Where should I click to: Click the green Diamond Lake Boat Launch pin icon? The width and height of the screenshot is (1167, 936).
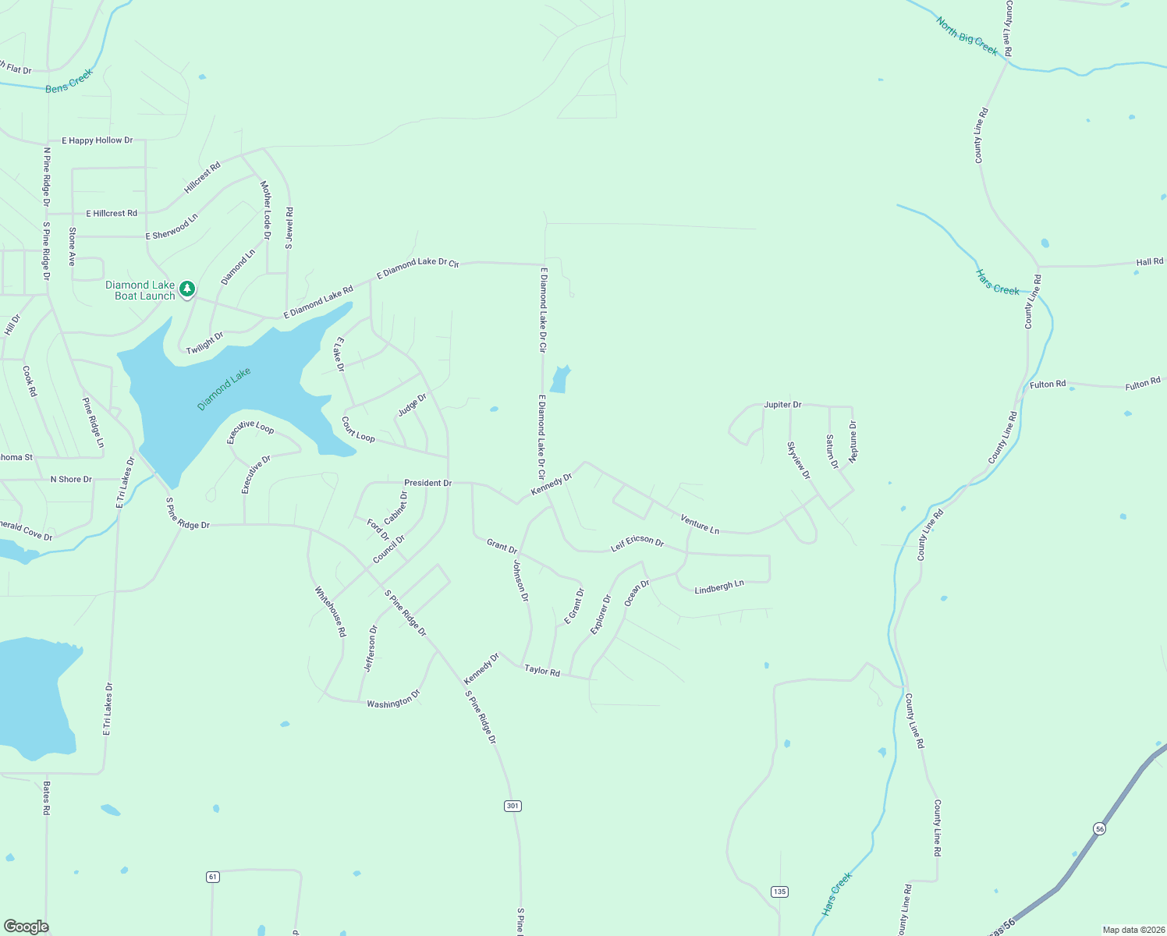[x=186, y=289]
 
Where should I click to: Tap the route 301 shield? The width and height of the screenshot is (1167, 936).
[x=513, y=806]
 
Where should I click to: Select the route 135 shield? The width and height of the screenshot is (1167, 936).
[x=779, y=891]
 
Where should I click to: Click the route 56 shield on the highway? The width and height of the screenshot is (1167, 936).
[x=1100, y=828]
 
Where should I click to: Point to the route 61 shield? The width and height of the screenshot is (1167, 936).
[x=213, y=877]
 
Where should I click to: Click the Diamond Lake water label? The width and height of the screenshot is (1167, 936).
[x=225, y=388]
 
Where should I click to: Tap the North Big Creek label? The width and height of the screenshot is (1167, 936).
[x=967, y=37]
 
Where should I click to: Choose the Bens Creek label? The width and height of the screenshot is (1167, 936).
[x=69, y=81]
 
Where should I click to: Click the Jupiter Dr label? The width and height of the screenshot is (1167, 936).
[x=782, y=405]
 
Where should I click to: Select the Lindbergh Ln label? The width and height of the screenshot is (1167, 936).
[x=719, y=587]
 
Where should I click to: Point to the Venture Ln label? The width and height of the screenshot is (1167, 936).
[x=700, y=524]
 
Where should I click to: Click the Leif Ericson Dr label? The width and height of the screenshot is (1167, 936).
[x=637, y=543]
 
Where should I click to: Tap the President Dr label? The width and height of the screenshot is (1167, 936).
[x=427, y=483]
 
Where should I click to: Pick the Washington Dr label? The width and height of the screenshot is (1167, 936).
[x=393, y=699]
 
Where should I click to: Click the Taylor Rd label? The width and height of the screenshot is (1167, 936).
[x=542, y=670]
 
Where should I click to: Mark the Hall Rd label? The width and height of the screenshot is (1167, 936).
[x=1149, y=262]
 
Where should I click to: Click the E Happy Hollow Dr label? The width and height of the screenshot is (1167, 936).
[x=98, y=140]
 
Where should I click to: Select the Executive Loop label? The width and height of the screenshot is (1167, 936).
[x=250, y=431]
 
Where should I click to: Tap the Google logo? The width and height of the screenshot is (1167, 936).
[x=27, y=926]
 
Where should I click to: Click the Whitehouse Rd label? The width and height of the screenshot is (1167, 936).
[x=330, y=612]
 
